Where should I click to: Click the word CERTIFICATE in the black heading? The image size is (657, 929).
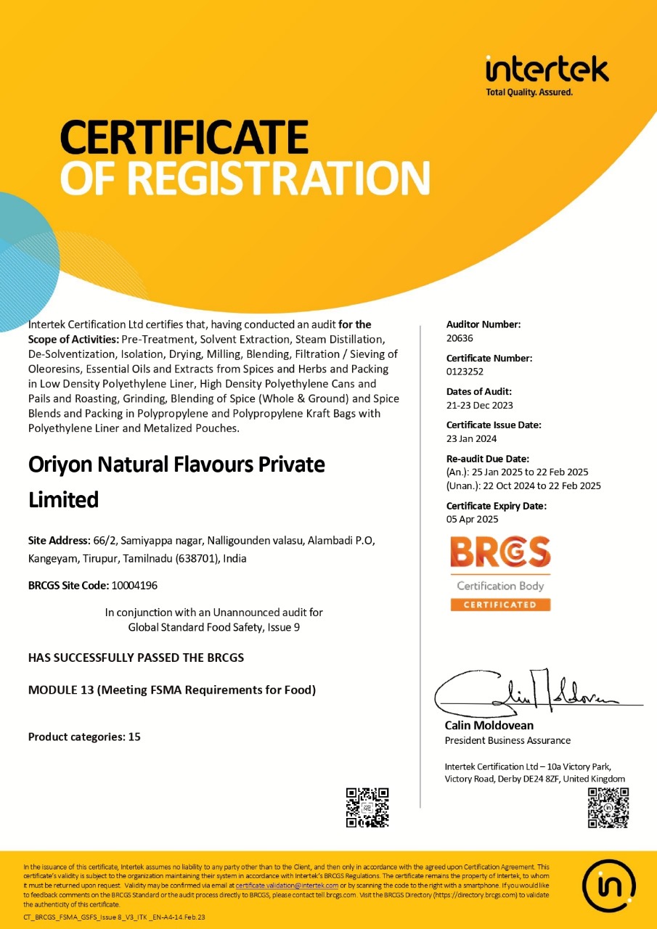(x=184, y=138)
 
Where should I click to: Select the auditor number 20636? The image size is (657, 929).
(x=459, y=337)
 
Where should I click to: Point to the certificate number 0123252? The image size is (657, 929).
(x=465, y=371)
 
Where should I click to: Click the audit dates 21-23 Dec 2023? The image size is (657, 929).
(x=480, y=405)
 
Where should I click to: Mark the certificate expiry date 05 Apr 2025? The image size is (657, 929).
(x=472, y=519)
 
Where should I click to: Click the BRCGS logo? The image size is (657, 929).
(x=500, y=553)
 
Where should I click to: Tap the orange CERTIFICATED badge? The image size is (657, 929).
(x=500, y=605)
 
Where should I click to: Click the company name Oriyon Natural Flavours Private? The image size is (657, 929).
(x=176, y=464)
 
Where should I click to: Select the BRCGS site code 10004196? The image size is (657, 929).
(x=134, y=585)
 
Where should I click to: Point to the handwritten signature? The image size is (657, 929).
(x=523, y=693)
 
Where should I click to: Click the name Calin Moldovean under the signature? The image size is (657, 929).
(x=489, y=725)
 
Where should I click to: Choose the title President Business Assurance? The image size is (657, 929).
(x=507, y=740)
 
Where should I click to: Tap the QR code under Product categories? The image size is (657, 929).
(x=367, y=807)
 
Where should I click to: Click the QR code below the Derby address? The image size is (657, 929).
(x=608, y=807)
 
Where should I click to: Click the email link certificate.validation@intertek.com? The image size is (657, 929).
(x=287, y=885)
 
